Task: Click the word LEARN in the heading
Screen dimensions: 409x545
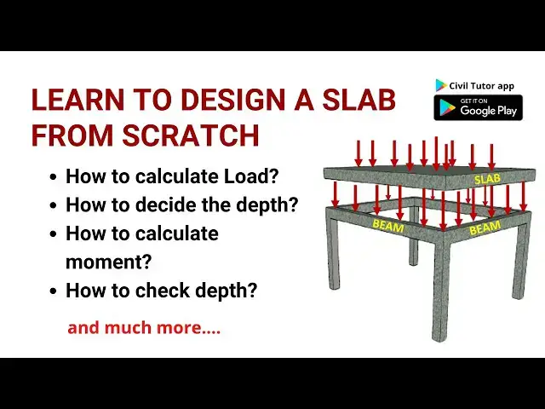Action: point(71,101)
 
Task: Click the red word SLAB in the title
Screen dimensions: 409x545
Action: point(363,101)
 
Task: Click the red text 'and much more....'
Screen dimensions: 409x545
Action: point(144,327)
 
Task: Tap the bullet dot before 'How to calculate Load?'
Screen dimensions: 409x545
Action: point(54,177)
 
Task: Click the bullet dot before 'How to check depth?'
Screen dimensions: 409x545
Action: point(54,291)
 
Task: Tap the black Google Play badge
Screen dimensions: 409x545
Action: point(478,107)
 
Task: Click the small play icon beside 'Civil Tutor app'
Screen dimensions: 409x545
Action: point(441,85)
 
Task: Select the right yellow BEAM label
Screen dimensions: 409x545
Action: point(485,228)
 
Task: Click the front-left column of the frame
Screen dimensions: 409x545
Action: point(334,256)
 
